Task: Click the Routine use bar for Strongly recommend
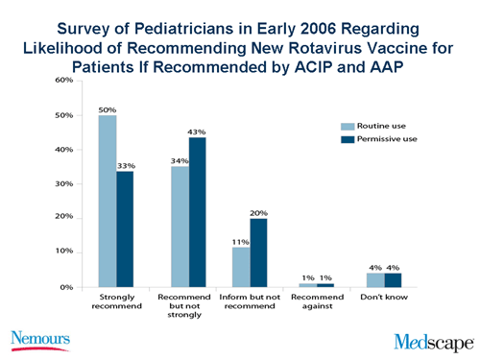pyautogui.click(x=107, y=202)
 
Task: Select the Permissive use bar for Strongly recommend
pyautogui.click(x=125, y=228)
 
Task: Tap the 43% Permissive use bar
pyautogui.click(x=197, y=212)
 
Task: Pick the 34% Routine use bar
pyautogui.click(x=180, y=227)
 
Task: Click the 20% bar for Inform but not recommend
pyautogui.click(x=258, y=252)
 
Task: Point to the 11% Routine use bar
pyautogui.click(x=240, y=267)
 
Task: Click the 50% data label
pyautogui.click(x=107, y=108)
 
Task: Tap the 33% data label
pyautogui.click(x=126, y=165)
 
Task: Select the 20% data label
pyautogui.click(x=258, y=212)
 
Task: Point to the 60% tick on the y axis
pyautogui.click(x=62, y=81)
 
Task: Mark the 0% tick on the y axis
pyautogui.click(x=65, y=286)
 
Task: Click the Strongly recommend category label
pyautogui.click(x=115, y=303)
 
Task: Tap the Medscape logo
pyautogui.click(x=431, y=340)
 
